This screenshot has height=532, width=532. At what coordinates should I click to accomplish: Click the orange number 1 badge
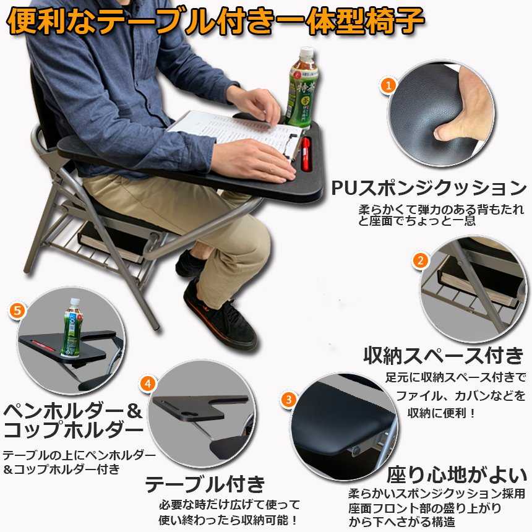(x=388, y=85)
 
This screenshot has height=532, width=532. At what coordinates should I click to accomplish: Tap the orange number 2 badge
(x=421, y=260)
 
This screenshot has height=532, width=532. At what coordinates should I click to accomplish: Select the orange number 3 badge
(x=289, y=400)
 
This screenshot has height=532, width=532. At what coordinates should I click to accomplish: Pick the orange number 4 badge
(x=148, y=384)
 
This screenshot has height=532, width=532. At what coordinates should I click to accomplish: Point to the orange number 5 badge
(x=18, y=310)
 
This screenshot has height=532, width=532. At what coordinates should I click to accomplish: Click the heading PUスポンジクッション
(x=429, y=187)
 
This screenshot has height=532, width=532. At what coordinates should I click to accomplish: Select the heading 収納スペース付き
(x=444, y=355)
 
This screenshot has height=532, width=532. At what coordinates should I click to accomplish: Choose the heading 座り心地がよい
(x=457, y=474)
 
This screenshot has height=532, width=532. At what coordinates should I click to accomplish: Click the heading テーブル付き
(x=205, y=484)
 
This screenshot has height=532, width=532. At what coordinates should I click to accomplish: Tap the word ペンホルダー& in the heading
(x=72, y=411)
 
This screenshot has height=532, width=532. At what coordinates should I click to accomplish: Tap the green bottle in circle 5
(x=72, y=328)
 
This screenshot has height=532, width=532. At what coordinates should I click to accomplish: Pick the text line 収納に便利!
(x=441, y=413)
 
